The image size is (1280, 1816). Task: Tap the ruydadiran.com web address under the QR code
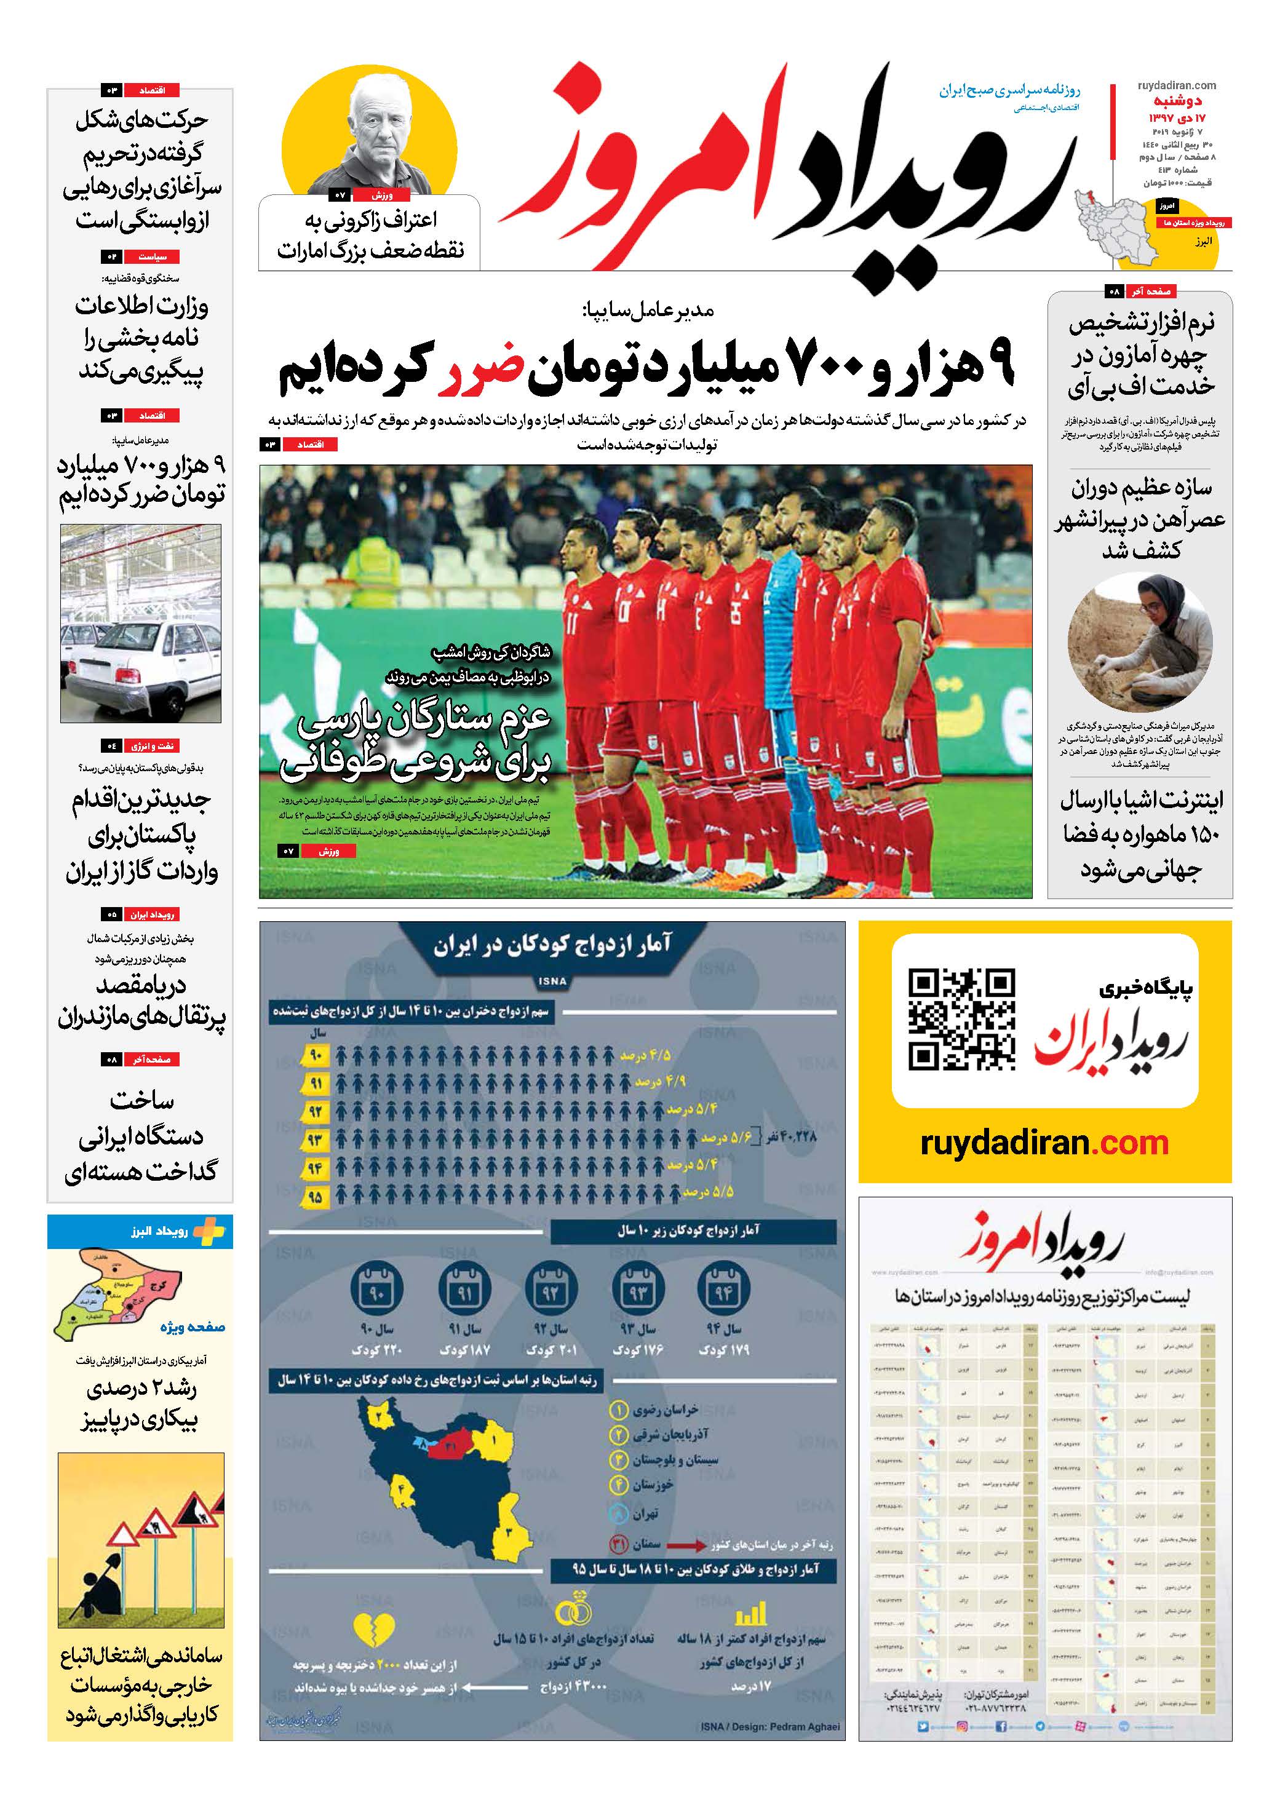pyautogui.click(x=1044, y=1143)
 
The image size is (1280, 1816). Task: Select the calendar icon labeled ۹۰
pyautogui.click(x=376, y=1291)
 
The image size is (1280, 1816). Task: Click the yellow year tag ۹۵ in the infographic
pyautogui.click(x=315, y=1197)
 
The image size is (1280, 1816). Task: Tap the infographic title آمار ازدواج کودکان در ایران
pyautogui.click(x=552, y=945)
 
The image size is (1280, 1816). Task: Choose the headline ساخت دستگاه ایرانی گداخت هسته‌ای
pyautogui.click(x=141, y=1136)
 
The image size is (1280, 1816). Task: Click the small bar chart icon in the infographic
pyautogui.click(x=751, y=1614)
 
